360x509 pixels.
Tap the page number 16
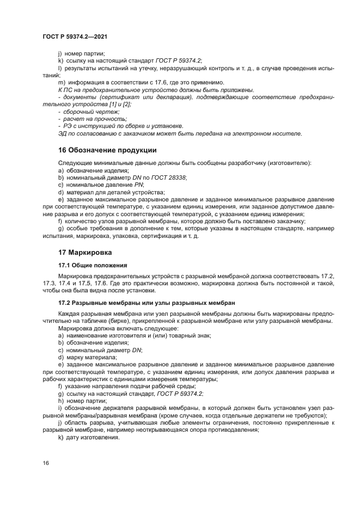[x=46, y=463]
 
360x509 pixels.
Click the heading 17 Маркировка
[x=85, y=253]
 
